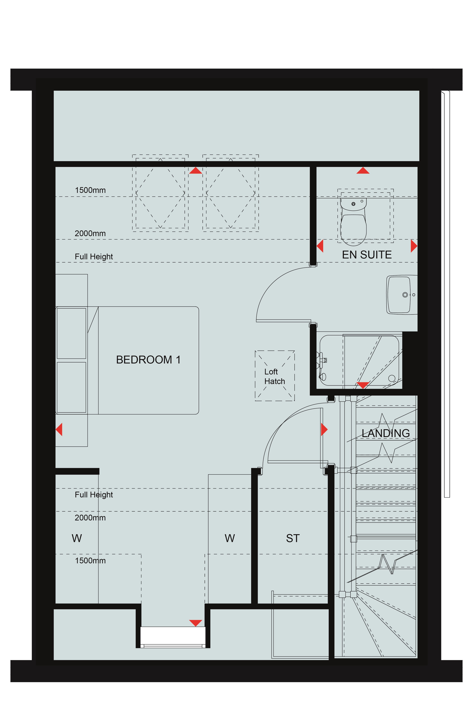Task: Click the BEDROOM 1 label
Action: (148, 360)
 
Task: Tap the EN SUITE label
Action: (367, 255)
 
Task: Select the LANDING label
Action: (386, 433)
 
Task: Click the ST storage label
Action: (293, 538)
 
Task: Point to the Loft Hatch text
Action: (274, 376)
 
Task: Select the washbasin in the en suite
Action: (402, 294)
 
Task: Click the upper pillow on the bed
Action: (71, 333)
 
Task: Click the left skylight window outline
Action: (160, 193)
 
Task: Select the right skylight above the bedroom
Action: (231, 193)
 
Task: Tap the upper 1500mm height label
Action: (90, 190)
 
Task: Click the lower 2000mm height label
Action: (90, 518)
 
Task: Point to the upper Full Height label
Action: (94, 257)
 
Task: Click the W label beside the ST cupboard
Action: (230, 538)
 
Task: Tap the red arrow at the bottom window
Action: (196, 623)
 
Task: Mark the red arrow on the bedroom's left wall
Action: (59, 430)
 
